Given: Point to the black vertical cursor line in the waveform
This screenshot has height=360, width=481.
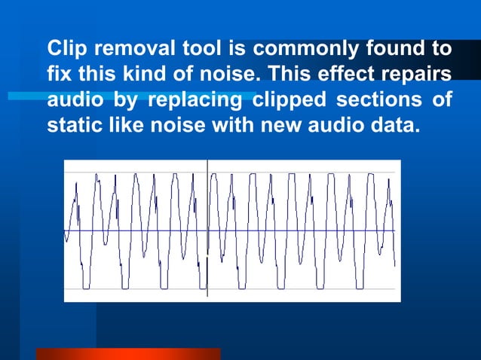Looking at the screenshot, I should click(207, 226).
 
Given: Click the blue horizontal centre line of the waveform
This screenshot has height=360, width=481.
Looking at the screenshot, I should click(302, 230).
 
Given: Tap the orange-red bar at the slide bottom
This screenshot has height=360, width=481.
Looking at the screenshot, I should click(128, 354).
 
